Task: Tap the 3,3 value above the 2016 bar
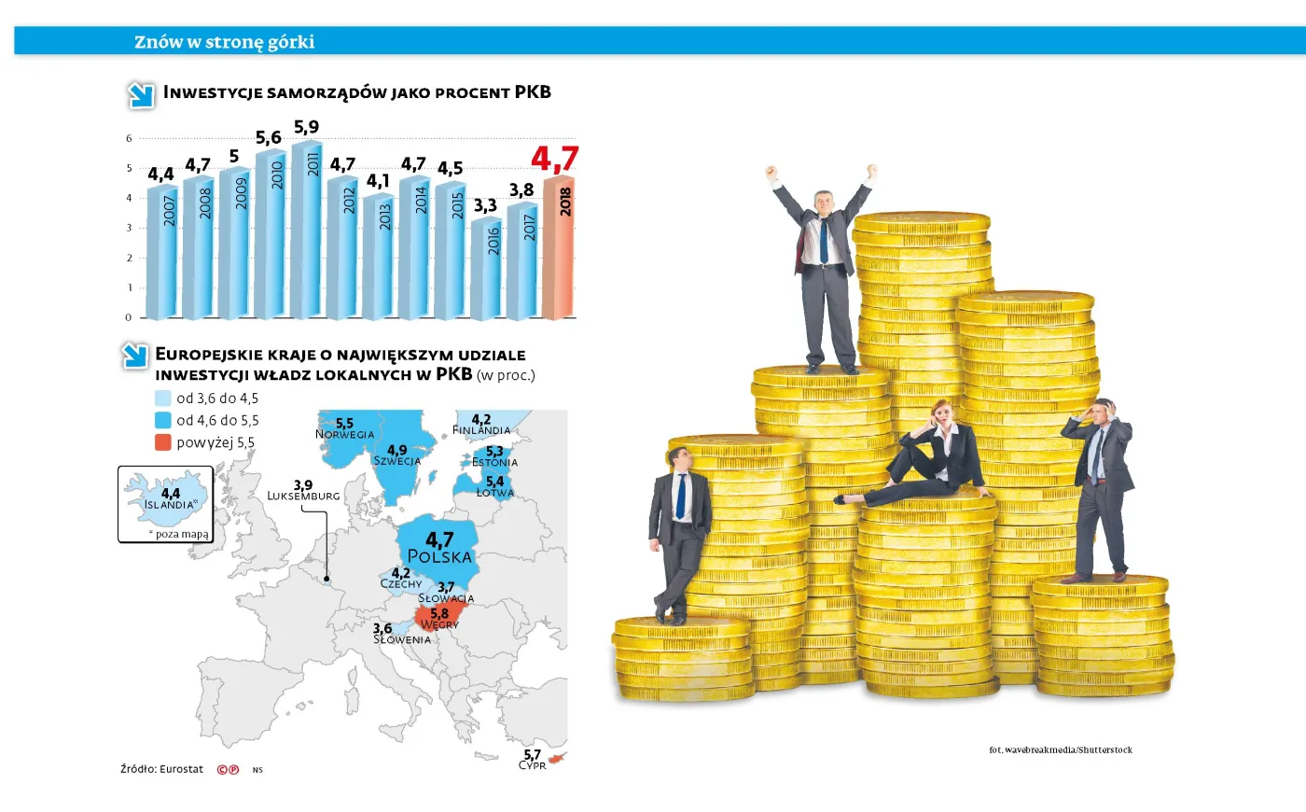pyautogui.click(x=485, y=205)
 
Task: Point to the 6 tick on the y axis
pyautogui.click(x=129, y=138)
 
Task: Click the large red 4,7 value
pyautogui.click(x=555, y=159)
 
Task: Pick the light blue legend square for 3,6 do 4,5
pyautogui.click(x=163, y=398)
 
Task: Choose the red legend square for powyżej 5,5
pyautogui.click(x=163, y=442)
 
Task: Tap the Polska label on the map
pyautogui.click(x=439, y=556)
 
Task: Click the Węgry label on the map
pyautogui.click(x=439, y=624)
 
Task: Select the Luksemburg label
pyautogui.click(x=303, y=496)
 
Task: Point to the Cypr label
pyautogui.click(x=532, y=765)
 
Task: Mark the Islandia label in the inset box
pyautogui.click(x=169, y=505)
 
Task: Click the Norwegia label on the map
pyautogui.click(x=344, y=434)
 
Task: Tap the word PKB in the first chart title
pyautogui.click(x=533, y=92)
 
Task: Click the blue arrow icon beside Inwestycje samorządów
pyautogui.click(x=141, y=94)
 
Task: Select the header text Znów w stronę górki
pyautogui.click(x=224, y=42)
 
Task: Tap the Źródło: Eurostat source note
pyautogui.click(x=161, y=769)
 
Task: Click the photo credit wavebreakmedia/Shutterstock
pyautogui.click(x=1061, y=749)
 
